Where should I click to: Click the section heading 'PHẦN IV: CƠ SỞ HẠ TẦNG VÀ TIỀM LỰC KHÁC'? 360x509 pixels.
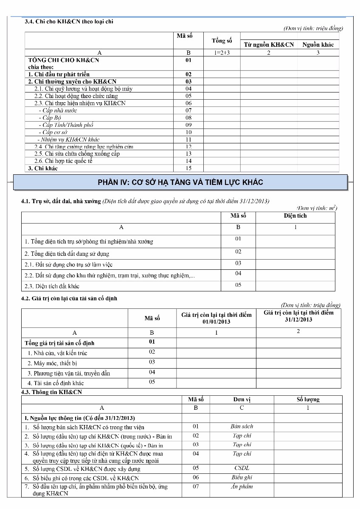180,182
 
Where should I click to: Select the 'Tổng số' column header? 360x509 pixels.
222,41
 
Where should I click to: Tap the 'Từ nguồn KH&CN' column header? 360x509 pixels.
268,45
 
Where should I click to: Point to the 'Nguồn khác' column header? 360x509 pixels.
318,45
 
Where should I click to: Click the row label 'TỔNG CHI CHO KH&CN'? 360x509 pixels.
63,60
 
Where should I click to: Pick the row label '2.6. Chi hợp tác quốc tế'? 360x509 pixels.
63,161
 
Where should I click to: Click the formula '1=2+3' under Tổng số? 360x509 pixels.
222,53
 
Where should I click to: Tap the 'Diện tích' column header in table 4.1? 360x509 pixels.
295,216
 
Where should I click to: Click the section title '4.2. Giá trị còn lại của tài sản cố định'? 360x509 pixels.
69,299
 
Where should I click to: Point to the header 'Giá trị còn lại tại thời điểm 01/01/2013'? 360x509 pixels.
216,318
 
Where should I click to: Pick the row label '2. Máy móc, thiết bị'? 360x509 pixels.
52,363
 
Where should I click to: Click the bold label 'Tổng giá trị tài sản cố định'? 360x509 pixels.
59,343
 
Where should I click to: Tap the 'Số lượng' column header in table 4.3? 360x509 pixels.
308,400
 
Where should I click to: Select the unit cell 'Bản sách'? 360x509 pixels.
242,427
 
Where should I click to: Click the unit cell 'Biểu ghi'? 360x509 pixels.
242,478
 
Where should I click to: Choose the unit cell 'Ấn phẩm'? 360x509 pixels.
242,487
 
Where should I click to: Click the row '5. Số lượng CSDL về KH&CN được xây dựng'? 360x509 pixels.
82,469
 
